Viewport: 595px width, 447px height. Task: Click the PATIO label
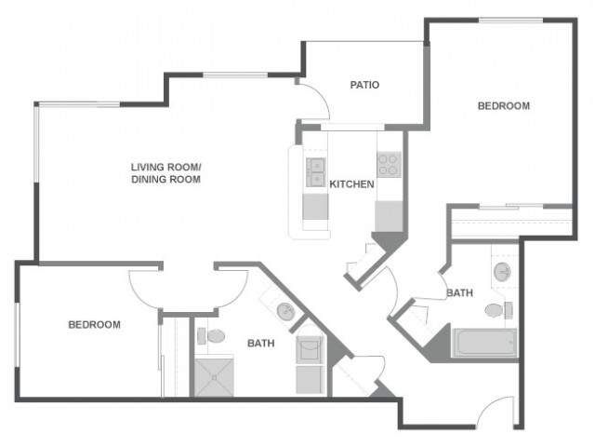(364, 85)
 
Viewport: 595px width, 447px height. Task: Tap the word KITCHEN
(351, 184)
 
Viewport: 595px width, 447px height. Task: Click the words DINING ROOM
(165, 180)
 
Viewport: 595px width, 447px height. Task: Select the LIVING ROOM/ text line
(165, 167)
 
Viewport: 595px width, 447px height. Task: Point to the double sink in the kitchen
(315, 172)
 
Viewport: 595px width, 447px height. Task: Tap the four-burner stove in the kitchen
(389, 164)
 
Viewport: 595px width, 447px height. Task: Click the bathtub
(484, 343)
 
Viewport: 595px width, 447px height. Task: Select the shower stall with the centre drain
(214, 376)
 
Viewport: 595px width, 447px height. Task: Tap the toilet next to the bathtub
(498, 310)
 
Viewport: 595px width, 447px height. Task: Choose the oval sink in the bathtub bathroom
(502, 271)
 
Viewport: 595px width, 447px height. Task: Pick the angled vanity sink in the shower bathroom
(285, 311)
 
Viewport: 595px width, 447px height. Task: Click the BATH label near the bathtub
(459, 292)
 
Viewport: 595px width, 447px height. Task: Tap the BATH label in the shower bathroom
(260, 344)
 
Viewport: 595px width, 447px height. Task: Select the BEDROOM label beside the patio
(504, 105)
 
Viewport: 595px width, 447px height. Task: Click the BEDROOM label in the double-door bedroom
(94, 325)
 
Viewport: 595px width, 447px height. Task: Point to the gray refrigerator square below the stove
(389, 216)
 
